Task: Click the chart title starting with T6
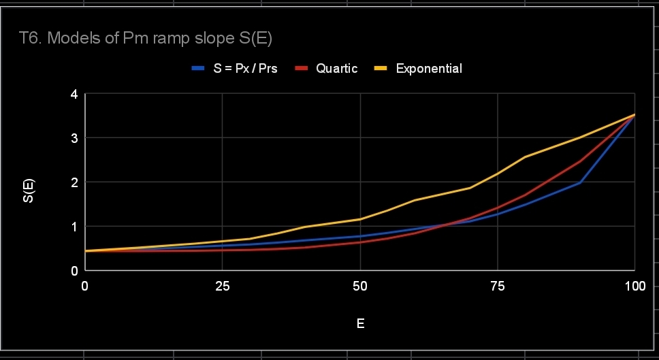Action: coord(145,39)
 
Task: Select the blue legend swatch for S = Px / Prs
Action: coord(198,69)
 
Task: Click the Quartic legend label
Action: coord(336,69)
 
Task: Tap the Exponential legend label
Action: coord(429,69)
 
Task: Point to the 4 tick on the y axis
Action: coord(74,94)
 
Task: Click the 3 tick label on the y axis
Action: coord(74,138)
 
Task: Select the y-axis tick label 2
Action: coord(74,182)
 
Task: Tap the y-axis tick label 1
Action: coord(74,227)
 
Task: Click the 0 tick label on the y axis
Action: coord(74,271)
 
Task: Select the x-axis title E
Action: coord(360,324)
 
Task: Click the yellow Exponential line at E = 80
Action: coord(525,157)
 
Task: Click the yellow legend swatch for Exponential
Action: coord(382,69)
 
